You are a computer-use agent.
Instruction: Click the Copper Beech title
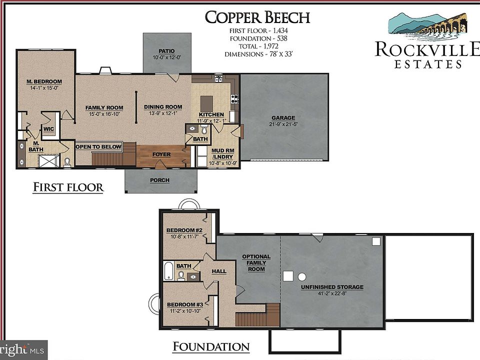[x=257, y=17]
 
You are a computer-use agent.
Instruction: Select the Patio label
[x=166, y=51]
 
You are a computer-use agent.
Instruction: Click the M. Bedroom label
[x=44, y=81]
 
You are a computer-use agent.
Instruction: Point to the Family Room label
[x=104, y=107]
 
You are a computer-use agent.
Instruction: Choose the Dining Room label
[x=163, y=107]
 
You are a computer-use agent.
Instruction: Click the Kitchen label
[x=211, y=114]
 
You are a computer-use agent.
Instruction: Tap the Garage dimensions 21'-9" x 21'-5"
[x=283, y=124]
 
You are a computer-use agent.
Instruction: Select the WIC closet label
[x=48, y=128]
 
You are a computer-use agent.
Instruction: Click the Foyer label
[x=161, y=154]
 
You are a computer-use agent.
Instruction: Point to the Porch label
[x=160, y=180]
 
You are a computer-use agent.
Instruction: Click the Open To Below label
[x=98, y=146]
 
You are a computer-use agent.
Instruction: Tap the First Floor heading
[x=68, y=187]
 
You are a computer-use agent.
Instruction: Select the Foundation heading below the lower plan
[x=210, y=346]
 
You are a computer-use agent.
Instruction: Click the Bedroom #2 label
[x=184, y=230]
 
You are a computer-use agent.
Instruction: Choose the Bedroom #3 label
[x=184, y=304]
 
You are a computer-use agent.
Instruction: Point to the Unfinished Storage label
[x=332, y=287]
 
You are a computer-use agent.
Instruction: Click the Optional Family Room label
[x=256, y=262]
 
